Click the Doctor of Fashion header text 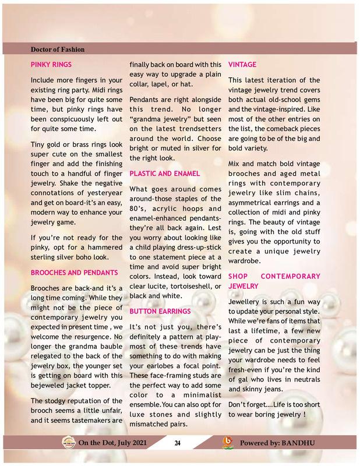tap(58, 49)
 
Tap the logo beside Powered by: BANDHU tap(229, 443)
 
